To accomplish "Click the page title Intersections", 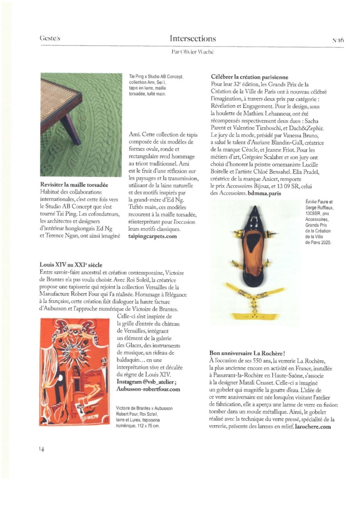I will click(x=193, y=38).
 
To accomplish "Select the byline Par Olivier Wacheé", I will click(x=192, y=52).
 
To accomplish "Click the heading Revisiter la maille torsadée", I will click(x=74, y=185).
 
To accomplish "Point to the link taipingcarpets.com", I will click(x=153, y=236).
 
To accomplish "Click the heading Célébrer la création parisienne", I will click(x=249, y=77).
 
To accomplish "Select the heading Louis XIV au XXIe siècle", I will click(x=71, y=265).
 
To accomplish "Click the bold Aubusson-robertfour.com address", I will click(x=148, y=389).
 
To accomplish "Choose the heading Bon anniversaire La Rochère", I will click(x=247, y=353).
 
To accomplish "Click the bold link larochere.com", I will click(x=313, y=427).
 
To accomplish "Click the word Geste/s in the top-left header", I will click(x=50, y=38).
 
